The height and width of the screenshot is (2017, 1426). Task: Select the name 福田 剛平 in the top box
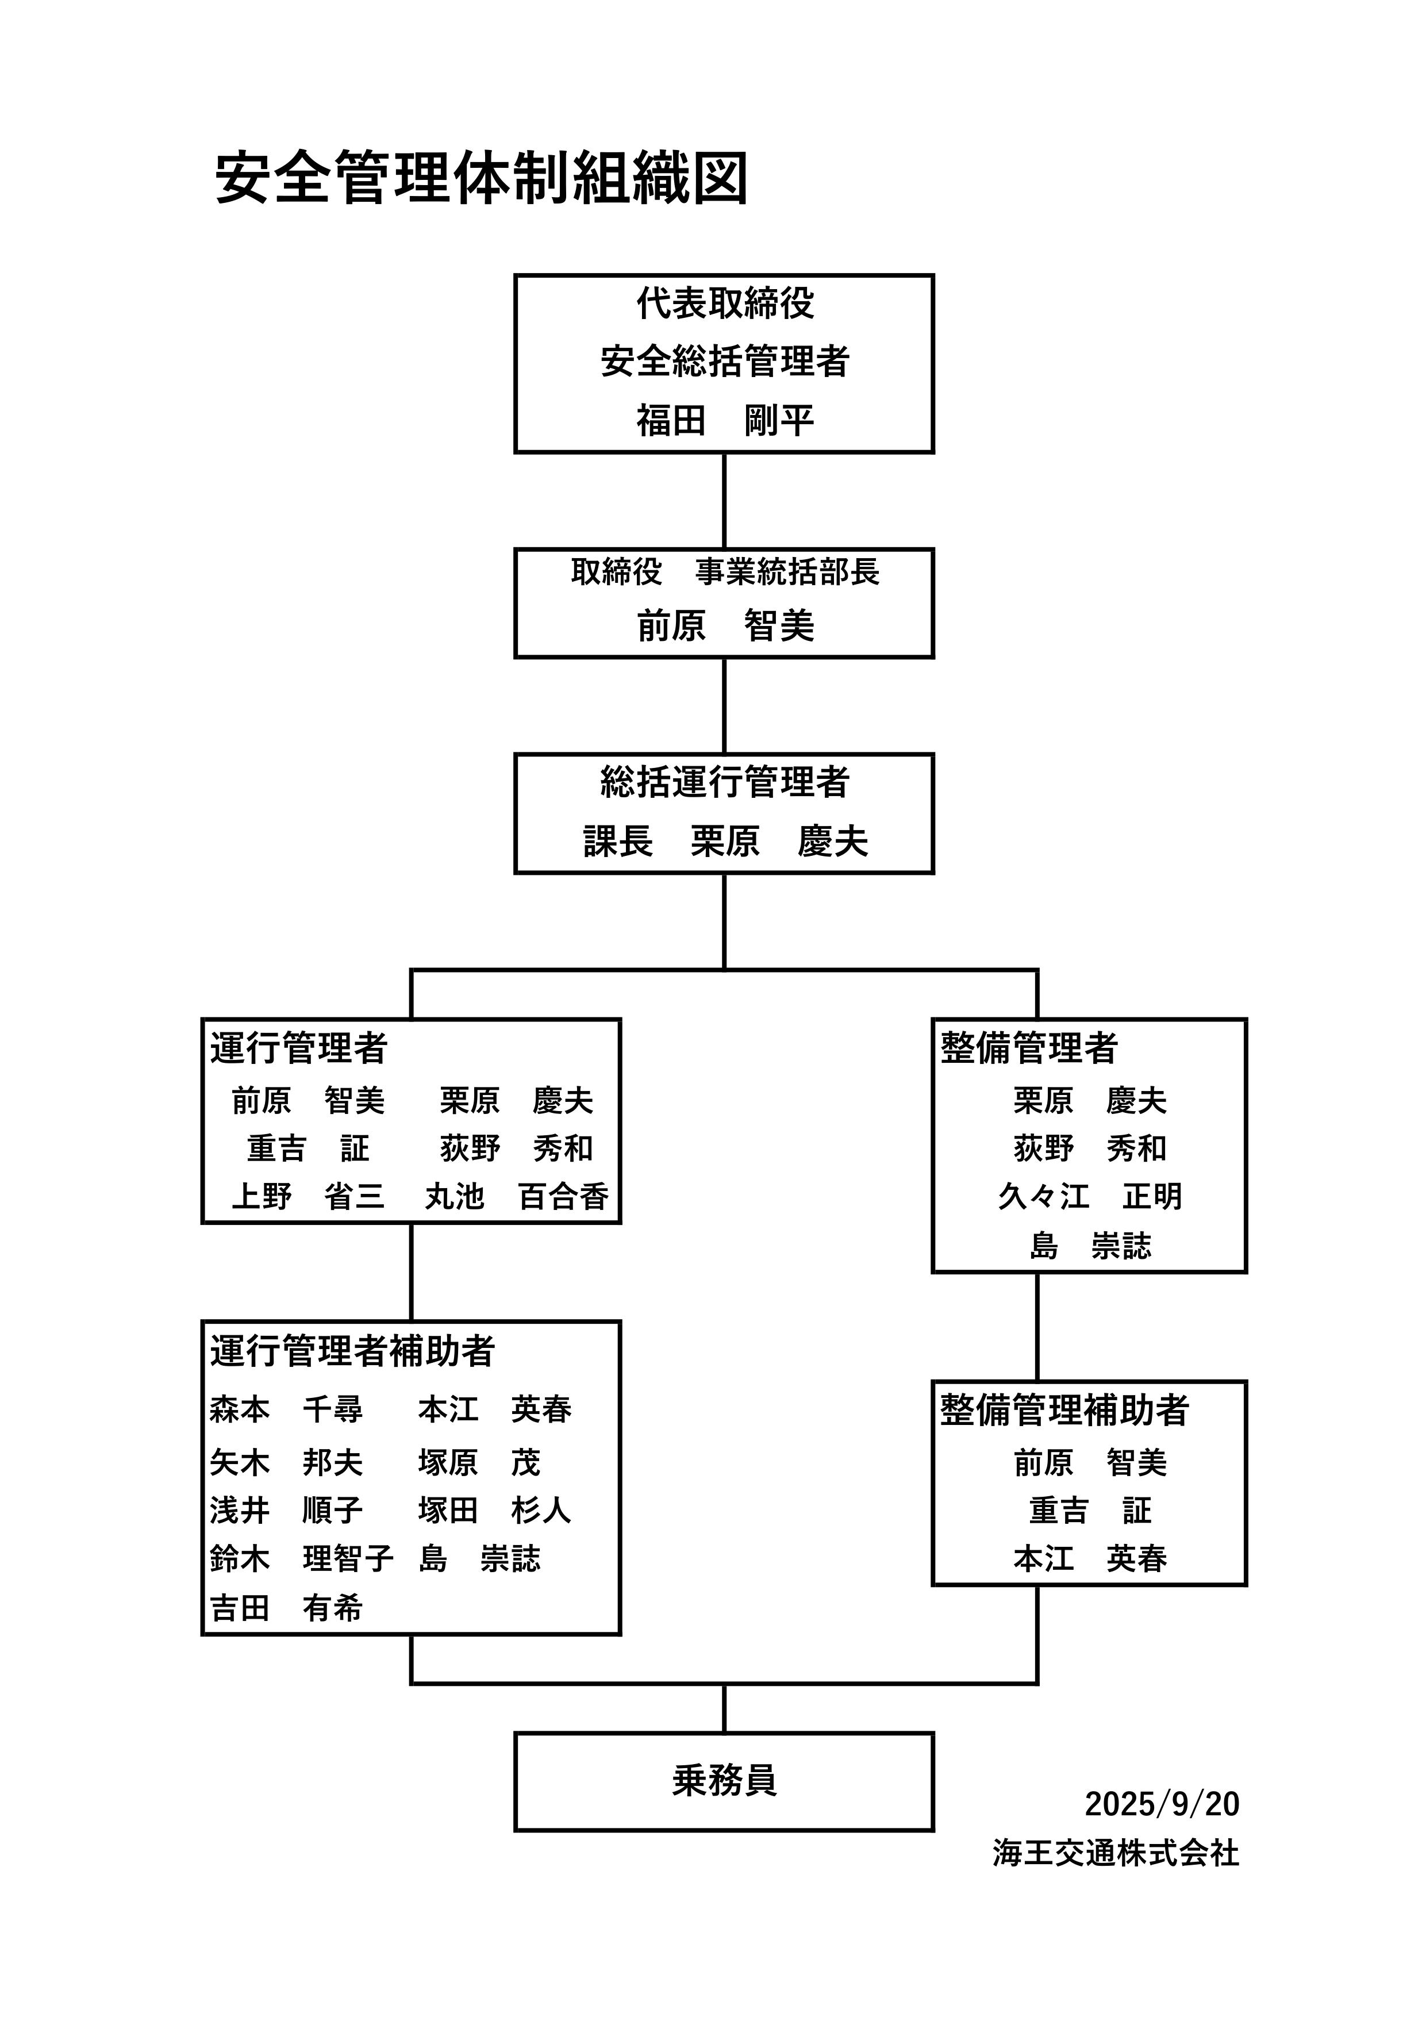click(x=724, y=420)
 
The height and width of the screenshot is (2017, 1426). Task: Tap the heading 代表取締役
click(x=724, y=304)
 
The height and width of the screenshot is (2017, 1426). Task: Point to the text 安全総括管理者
click(x=724, y=361)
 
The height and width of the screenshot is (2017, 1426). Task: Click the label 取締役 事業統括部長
click(x=724, y=572)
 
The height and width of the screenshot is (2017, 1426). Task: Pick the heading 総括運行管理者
click(x=724, y=782)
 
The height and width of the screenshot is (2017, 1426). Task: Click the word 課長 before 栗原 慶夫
click(x=618, y=842)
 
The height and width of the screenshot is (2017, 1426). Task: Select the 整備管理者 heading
click(x=1028, y=1048)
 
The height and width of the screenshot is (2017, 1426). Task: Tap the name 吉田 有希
click(x=286, y=1608)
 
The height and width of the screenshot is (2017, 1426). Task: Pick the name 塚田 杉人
click(x=495, y=1510)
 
